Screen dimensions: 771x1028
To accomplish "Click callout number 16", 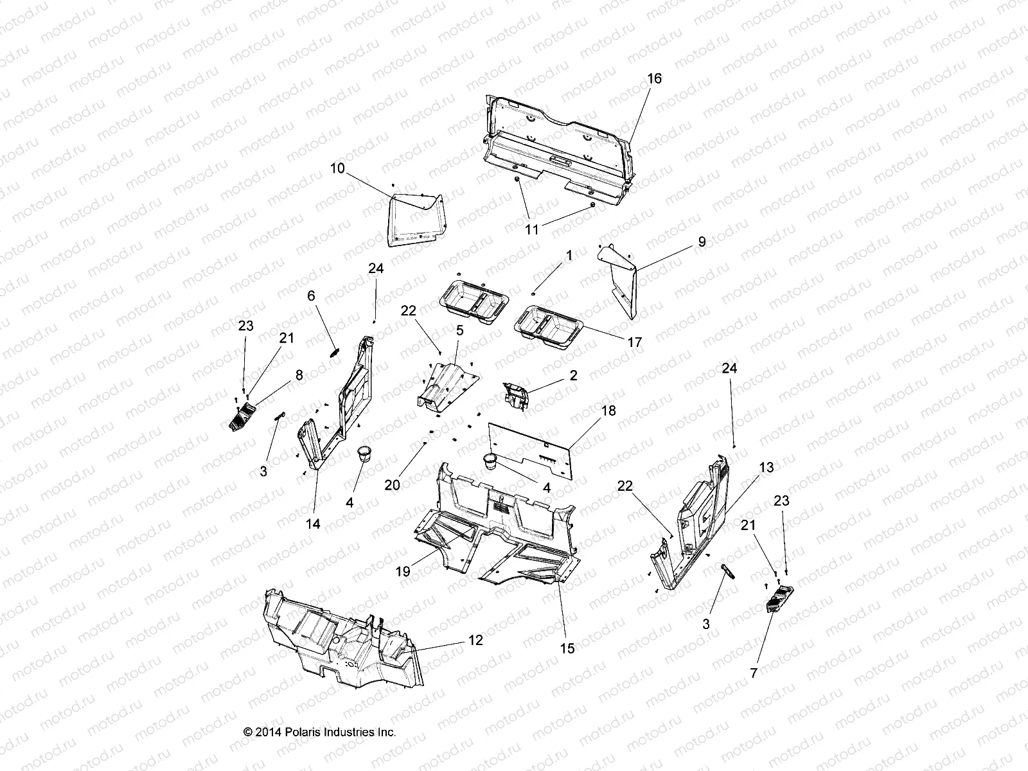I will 654,78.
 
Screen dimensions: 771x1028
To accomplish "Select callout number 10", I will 337,150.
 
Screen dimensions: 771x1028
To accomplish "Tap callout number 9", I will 702,242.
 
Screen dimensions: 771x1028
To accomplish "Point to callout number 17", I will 634,342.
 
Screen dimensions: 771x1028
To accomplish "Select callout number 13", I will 767,467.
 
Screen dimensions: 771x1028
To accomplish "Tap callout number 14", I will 313,524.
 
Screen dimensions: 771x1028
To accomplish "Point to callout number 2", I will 573,375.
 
